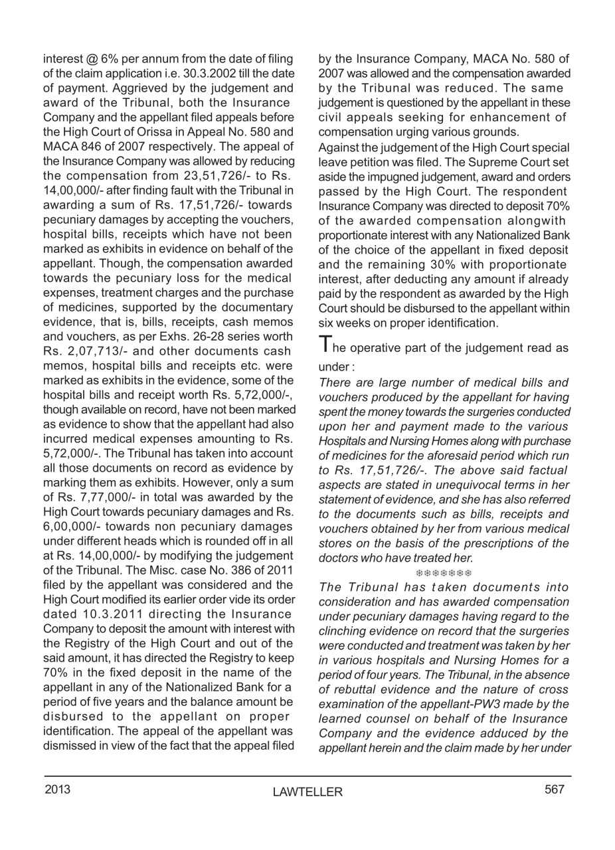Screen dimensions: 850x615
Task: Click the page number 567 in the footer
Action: pyautogui.click(x=555, y=789)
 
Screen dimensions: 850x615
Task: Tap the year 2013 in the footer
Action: pyautogui.click(x=57, y=790)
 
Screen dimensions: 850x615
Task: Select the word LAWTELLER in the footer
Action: pyautogui.click(x=307, y=792)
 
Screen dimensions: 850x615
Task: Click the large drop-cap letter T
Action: pyautogui.click(x=325, y=345)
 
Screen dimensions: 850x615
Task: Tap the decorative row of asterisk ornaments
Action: pyautogui.click(x=444, y=572)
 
